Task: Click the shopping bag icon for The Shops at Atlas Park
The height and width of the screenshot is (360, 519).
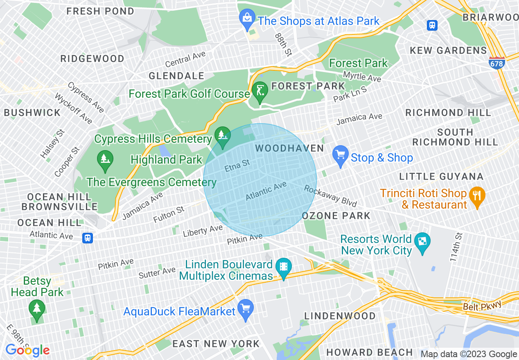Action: [x=247, y=19]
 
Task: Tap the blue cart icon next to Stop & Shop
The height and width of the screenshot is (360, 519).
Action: [x=341, y=156]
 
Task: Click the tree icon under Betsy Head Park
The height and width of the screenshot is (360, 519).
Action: [x=37, y=308]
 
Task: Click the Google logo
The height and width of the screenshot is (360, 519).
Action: [x=27, y=350]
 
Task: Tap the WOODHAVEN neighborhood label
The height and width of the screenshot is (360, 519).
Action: [x=289, y=148]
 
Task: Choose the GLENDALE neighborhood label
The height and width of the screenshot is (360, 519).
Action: [x=176, y=76]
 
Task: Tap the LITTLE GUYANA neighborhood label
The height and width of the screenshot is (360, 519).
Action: [x=441, y=176]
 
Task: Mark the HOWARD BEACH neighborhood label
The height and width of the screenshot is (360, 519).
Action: [x=370, y=352]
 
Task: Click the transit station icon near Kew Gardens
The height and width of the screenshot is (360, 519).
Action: [x=432, y=25]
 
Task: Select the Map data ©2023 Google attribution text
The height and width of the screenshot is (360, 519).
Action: [x=469, y=354]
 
